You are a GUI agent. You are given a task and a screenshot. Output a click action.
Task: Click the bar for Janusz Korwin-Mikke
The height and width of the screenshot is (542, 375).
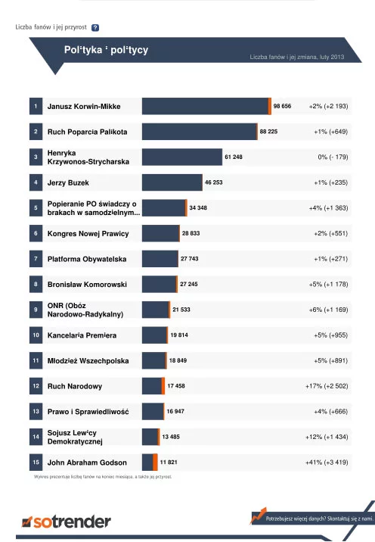click(x=206, y=106)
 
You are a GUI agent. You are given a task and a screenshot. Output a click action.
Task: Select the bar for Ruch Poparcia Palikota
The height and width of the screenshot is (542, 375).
click(x=200, y=132)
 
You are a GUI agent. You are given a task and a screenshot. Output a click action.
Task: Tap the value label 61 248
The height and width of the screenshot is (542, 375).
click(x=234, y=157)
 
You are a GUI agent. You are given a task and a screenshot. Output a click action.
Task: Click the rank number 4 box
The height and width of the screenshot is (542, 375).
click(x=36, y=182)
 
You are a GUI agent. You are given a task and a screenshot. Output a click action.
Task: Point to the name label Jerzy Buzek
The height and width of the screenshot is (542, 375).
click(x=68, y=183)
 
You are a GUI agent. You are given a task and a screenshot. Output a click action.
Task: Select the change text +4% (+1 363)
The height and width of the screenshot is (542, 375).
click(x=328, y=208)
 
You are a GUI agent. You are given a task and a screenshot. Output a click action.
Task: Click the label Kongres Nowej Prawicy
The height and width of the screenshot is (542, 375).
click(x=88, y=234)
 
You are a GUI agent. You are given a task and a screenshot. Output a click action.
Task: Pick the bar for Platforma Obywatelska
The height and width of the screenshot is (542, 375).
click(x=160, y=259)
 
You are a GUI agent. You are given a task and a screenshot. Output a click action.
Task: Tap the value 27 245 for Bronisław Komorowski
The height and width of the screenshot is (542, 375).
click(x=189, y=284)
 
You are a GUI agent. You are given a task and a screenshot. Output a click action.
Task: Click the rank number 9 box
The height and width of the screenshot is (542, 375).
click(x=36, y=310)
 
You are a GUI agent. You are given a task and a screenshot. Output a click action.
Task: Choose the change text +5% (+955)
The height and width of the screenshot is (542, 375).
click(x=331, y=335)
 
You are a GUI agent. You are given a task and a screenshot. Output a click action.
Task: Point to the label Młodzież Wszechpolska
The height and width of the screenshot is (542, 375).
click(x=88, y=361)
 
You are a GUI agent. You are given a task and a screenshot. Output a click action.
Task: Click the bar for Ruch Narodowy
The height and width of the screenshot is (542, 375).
click(x=153, y=386)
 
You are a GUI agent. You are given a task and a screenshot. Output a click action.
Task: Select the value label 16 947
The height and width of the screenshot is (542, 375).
click(x=175, y=411)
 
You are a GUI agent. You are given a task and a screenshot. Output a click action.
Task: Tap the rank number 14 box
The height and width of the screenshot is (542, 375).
click(x=36, y=437)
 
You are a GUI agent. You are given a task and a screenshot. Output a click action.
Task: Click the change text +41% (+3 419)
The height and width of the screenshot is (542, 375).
click(x=327, y=463)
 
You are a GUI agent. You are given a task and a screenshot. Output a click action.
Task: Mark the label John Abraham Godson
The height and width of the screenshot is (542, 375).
click(x=87, y=463)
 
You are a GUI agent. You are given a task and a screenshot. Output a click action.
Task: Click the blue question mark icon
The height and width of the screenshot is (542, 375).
click(x=95, y=28)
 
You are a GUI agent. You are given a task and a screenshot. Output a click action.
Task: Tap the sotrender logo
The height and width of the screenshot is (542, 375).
click(x=67, y=522)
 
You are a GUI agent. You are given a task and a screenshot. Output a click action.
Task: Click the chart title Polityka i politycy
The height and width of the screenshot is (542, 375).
click(x=106, y=50)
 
